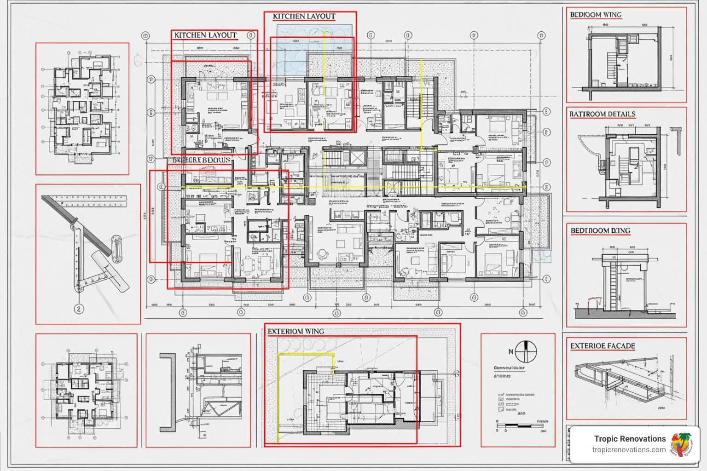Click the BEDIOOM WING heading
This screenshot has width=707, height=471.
596,15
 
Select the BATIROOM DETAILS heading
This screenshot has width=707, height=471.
602,114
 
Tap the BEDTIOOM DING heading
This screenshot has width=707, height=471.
600,230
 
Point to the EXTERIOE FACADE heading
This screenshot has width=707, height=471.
603,346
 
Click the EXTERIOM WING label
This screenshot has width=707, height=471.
296,331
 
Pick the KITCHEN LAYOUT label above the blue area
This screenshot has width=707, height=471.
304,17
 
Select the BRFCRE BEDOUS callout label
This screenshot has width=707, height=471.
202,160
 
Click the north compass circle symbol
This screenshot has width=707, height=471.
526,352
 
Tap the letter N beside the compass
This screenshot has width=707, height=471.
510,352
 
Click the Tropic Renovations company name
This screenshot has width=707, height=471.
630,439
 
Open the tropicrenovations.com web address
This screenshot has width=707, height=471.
629,450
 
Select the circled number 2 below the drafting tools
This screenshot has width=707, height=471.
79,309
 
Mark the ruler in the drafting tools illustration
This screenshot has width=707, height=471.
87,201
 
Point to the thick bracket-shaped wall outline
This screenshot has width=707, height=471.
168,392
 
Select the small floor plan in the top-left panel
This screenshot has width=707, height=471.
82,109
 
